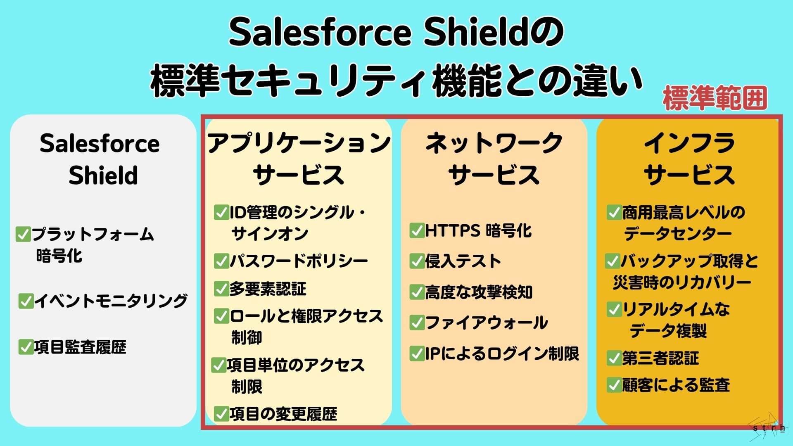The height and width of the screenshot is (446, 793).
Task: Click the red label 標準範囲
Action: (x=715, y=99)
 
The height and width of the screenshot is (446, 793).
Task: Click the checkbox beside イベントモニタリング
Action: (x=26, y=301)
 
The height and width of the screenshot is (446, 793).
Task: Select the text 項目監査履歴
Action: (x=80, y=347)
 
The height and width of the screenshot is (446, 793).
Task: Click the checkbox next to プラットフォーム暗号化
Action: (x=23, y=234)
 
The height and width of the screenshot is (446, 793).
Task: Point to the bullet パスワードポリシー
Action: (x=298, y=261)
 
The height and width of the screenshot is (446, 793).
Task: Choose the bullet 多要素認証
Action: (x=268, y=289)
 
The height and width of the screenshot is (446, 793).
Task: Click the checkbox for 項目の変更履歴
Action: (x=221, y=413)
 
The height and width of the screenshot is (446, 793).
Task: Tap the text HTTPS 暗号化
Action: (x=478, y=230)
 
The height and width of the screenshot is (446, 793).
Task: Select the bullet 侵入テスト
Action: (x=463, y=261)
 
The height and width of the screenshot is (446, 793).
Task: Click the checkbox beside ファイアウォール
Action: (x=417, y=323)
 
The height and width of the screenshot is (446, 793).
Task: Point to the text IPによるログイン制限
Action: (x=502, y=353)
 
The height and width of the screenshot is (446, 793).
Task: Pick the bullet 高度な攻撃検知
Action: (x=478, y=292)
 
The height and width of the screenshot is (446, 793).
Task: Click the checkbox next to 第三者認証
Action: (x=614, y=358)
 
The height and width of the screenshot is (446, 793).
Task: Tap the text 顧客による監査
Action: (x=676, y=385)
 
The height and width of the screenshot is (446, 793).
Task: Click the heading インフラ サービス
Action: (x=689, y=159)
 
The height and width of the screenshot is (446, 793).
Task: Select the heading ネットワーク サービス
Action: (x=494, y=159)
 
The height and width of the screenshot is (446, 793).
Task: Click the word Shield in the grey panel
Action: (x=103, y=175)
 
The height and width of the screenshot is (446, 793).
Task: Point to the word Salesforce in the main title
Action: (x=320, y=33)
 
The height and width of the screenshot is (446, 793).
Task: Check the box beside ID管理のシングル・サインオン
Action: (x=221, y=212)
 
